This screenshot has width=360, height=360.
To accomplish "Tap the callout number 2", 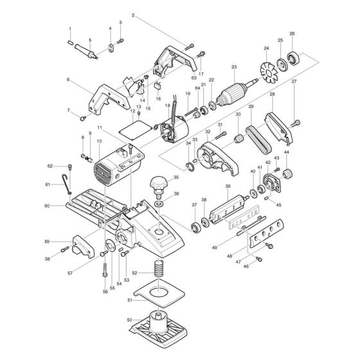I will pyautogui.click(x=133, y=14).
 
